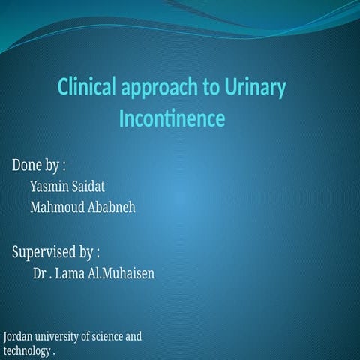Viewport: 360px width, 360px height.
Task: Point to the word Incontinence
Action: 172,118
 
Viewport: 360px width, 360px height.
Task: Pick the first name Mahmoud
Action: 57,206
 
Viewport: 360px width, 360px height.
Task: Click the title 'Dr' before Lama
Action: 40,273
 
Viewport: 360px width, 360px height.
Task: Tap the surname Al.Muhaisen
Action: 121,273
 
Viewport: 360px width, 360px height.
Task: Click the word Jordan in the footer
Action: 18,337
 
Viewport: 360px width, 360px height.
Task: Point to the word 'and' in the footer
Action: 133,337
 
